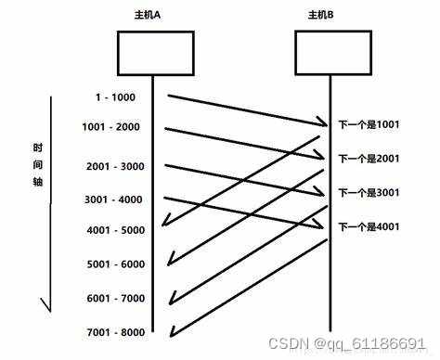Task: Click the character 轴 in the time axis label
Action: (38, 183)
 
